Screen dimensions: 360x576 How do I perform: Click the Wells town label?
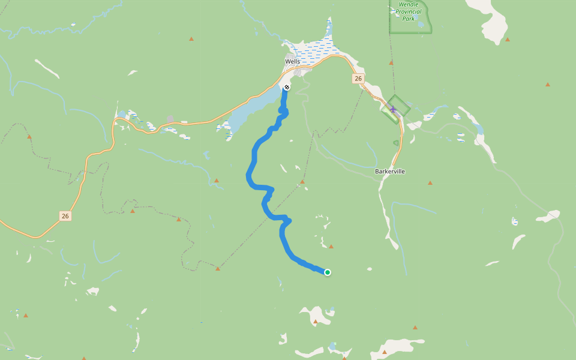click(292, 61)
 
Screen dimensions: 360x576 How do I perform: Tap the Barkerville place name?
click(390, 171)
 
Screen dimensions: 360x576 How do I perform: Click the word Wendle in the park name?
click(409, 4)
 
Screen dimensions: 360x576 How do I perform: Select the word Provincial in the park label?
click(409, 11)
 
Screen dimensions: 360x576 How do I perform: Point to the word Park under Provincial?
click(409, 19)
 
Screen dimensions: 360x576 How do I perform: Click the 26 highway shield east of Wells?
click(358, 79)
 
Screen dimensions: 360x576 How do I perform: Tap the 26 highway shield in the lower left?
click(65, 215)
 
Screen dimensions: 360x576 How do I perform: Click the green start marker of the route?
click(328, 272)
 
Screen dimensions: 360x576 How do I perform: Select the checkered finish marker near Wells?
click(287, 87)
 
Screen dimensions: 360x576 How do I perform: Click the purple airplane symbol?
click(393, 109)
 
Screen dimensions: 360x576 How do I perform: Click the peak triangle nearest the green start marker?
click(331, 246)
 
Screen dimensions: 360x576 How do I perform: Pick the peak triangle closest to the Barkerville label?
click(430, 182)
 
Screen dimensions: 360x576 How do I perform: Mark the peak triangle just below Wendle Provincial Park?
click(391, 62)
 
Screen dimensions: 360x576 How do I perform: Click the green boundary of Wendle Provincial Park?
click(390, 24)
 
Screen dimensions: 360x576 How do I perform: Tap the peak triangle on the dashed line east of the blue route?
click(302, 181)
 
